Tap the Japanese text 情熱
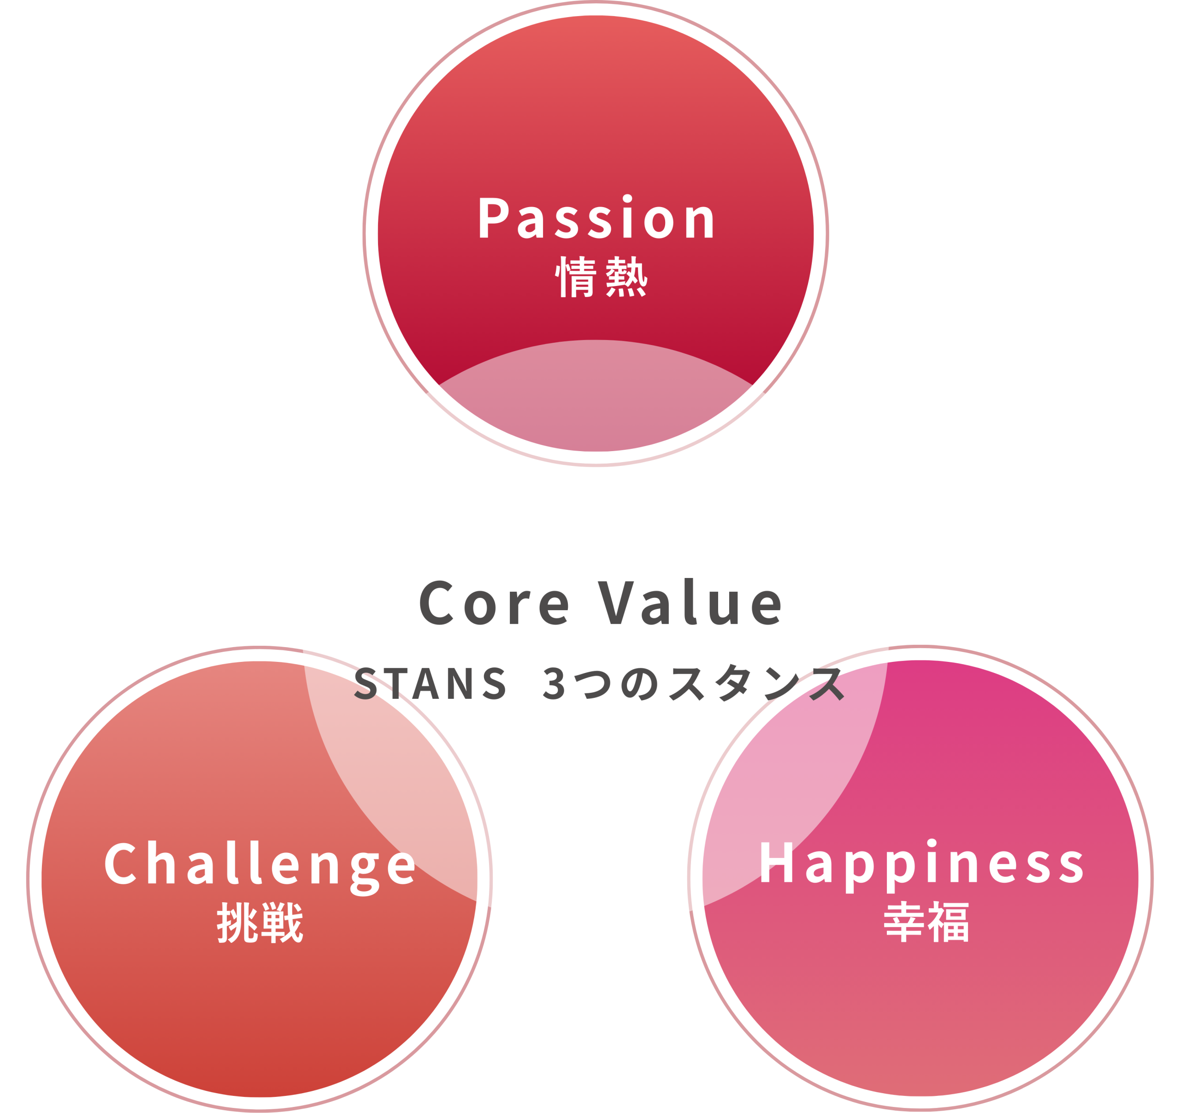point(601,277)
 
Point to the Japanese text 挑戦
point(260,923)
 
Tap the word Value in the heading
point(689,601)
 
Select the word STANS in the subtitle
point(430,683)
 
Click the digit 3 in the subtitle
point(553,684)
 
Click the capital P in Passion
point(494,217)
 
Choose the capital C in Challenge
point(120,863)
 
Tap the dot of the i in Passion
point(627,198)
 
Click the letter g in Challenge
point(365,874)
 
